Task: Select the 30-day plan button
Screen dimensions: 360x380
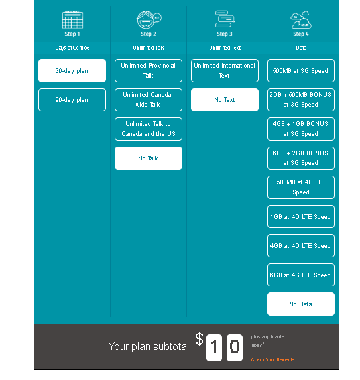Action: pos(72,71)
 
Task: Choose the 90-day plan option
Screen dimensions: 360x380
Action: pos(72,100)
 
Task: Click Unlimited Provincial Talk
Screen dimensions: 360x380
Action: pos(148,71)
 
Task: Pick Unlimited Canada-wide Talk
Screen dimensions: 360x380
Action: pos(148,100)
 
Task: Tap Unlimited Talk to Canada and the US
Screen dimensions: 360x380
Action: pos(148,129)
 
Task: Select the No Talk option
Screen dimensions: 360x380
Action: pos(148,158)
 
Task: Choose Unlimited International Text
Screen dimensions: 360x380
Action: pos(224,71)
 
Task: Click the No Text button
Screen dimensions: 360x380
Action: pos(224,100)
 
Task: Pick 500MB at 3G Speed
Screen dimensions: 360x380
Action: pos(300,71)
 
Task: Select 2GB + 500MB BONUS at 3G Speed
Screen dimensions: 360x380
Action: pos(300,100)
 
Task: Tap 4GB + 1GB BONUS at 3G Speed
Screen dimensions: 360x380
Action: pos(300,129)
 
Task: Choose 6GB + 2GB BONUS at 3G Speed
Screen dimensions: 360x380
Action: pos(300,158)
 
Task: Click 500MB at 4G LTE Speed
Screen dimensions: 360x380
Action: pos(300,188)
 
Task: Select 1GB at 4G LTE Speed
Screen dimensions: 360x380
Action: pos(300,217)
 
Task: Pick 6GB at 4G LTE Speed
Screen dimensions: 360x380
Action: pos(300,275)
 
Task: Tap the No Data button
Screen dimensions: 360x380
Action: pos(300,304)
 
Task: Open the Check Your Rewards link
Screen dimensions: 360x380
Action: pos(272,360)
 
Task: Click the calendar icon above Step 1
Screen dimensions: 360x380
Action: pos(72,19)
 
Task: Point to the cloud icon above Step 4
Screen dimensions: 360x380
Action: pos(301,20)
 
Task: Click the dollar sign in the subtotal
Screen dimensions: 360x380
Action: pos(199,340)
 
